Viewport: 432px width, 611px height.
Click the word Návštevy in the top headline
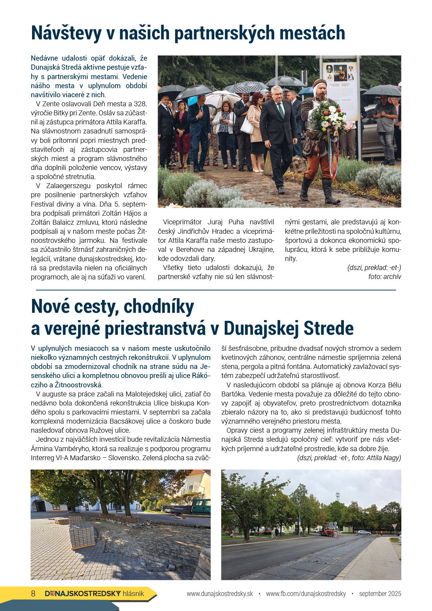[x=66, y=33]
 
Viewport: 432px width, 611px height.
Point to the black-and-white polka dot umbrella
[x=248, y=87]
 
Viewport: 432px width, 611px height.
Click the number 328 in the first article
[x=140, y=104]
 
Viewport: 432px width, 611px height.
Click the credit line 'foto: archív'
[x=385, y=277]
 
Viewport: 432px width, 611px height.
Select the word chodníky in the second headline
[x=159, y=307]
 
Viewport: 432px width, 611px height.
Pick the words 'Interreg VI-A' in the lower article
[x=51, y=458]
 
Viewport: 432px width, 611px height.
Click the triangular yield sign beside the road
[x=394, y=526]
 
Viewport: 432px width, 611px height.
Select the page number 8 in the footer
[x=33, y=594]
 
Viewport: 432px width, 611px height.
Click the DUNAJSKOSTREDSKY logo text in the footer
[x=83, y=594]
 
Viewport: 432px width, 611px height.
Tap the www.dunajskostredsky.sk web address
[x=220, y=594]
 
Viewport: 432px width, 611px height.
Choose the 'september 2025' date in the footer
[x=380, y=594]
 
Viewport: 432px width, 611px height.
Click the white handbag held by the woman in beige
[x=247, y=126]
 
